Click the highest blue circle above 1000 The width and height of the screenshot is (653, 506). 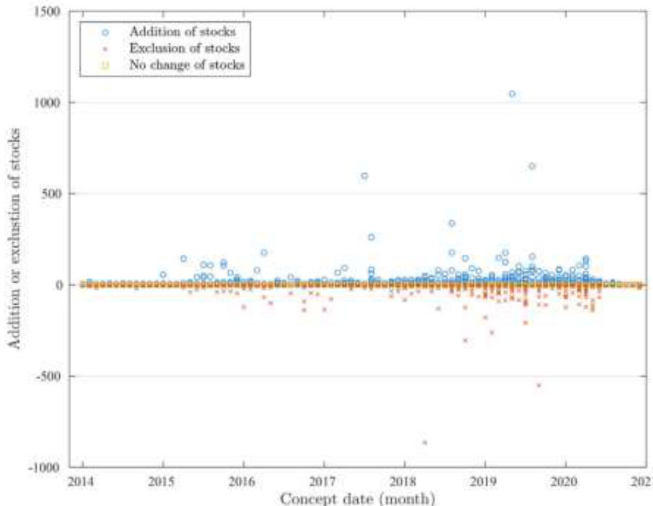point(512,94)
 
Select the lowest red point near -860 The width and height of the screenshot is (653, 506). point(425,442)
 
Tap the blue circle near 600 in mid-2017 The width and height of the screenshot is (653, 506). point(364,176)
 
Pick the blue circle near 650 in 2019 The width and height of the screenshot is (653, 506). point(532,166)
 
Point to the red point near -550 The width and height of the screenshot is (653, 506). point(539,385)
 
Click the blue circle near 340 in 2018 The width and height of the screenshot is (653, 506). point(452,223)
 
